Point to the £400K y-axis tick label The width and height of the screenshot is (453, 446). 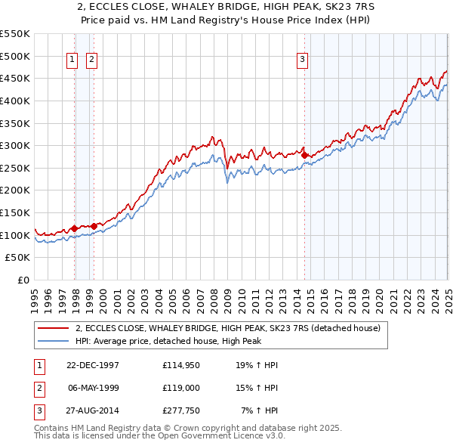pyautogui.click(x=16, y=101)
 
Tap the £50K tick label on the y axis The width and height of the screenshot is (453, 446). pyautogui.click(x=19, y=258)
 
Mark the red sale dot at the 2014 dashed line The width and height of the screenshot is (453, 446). pyautogui.click(x=305, y=155)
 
